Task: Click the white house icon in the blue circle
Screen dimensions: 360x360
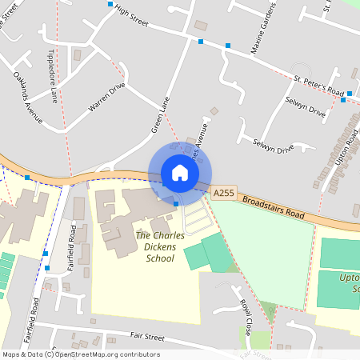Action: [x=180, y=173]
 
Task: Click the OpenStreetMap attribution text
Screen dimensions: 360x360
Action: [x=82, y=354]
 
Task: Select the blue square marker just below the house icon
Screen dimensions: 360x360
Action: [x=176, y=204]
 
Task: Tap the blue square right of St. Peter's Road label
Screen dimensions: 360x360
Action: [x=343, y=100]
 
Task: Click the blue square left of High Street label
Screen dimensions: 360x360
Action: [x=110, y=4]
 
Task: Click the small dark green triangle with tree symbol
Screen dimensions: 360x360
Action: [x=270, y=309]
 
